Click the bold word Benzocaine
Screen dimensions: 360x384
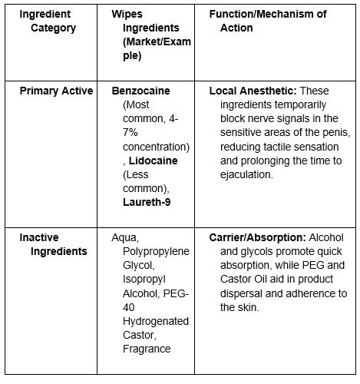[x=140, y=91]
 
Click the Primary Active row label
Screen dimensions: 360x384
[x=56, y=91]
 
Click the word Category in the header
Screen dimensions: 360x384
[x=48, y=28]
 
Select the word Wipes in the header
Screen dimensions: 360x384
[x=127, y=15]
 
